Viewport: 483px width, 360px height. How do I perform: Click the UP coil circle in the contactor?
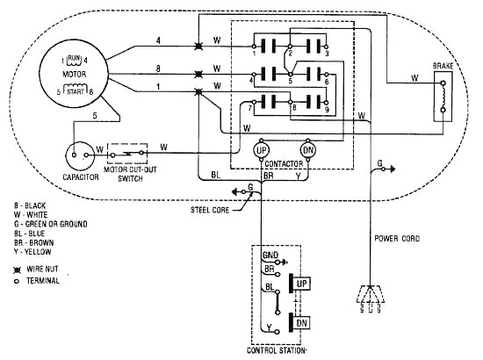261,151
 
